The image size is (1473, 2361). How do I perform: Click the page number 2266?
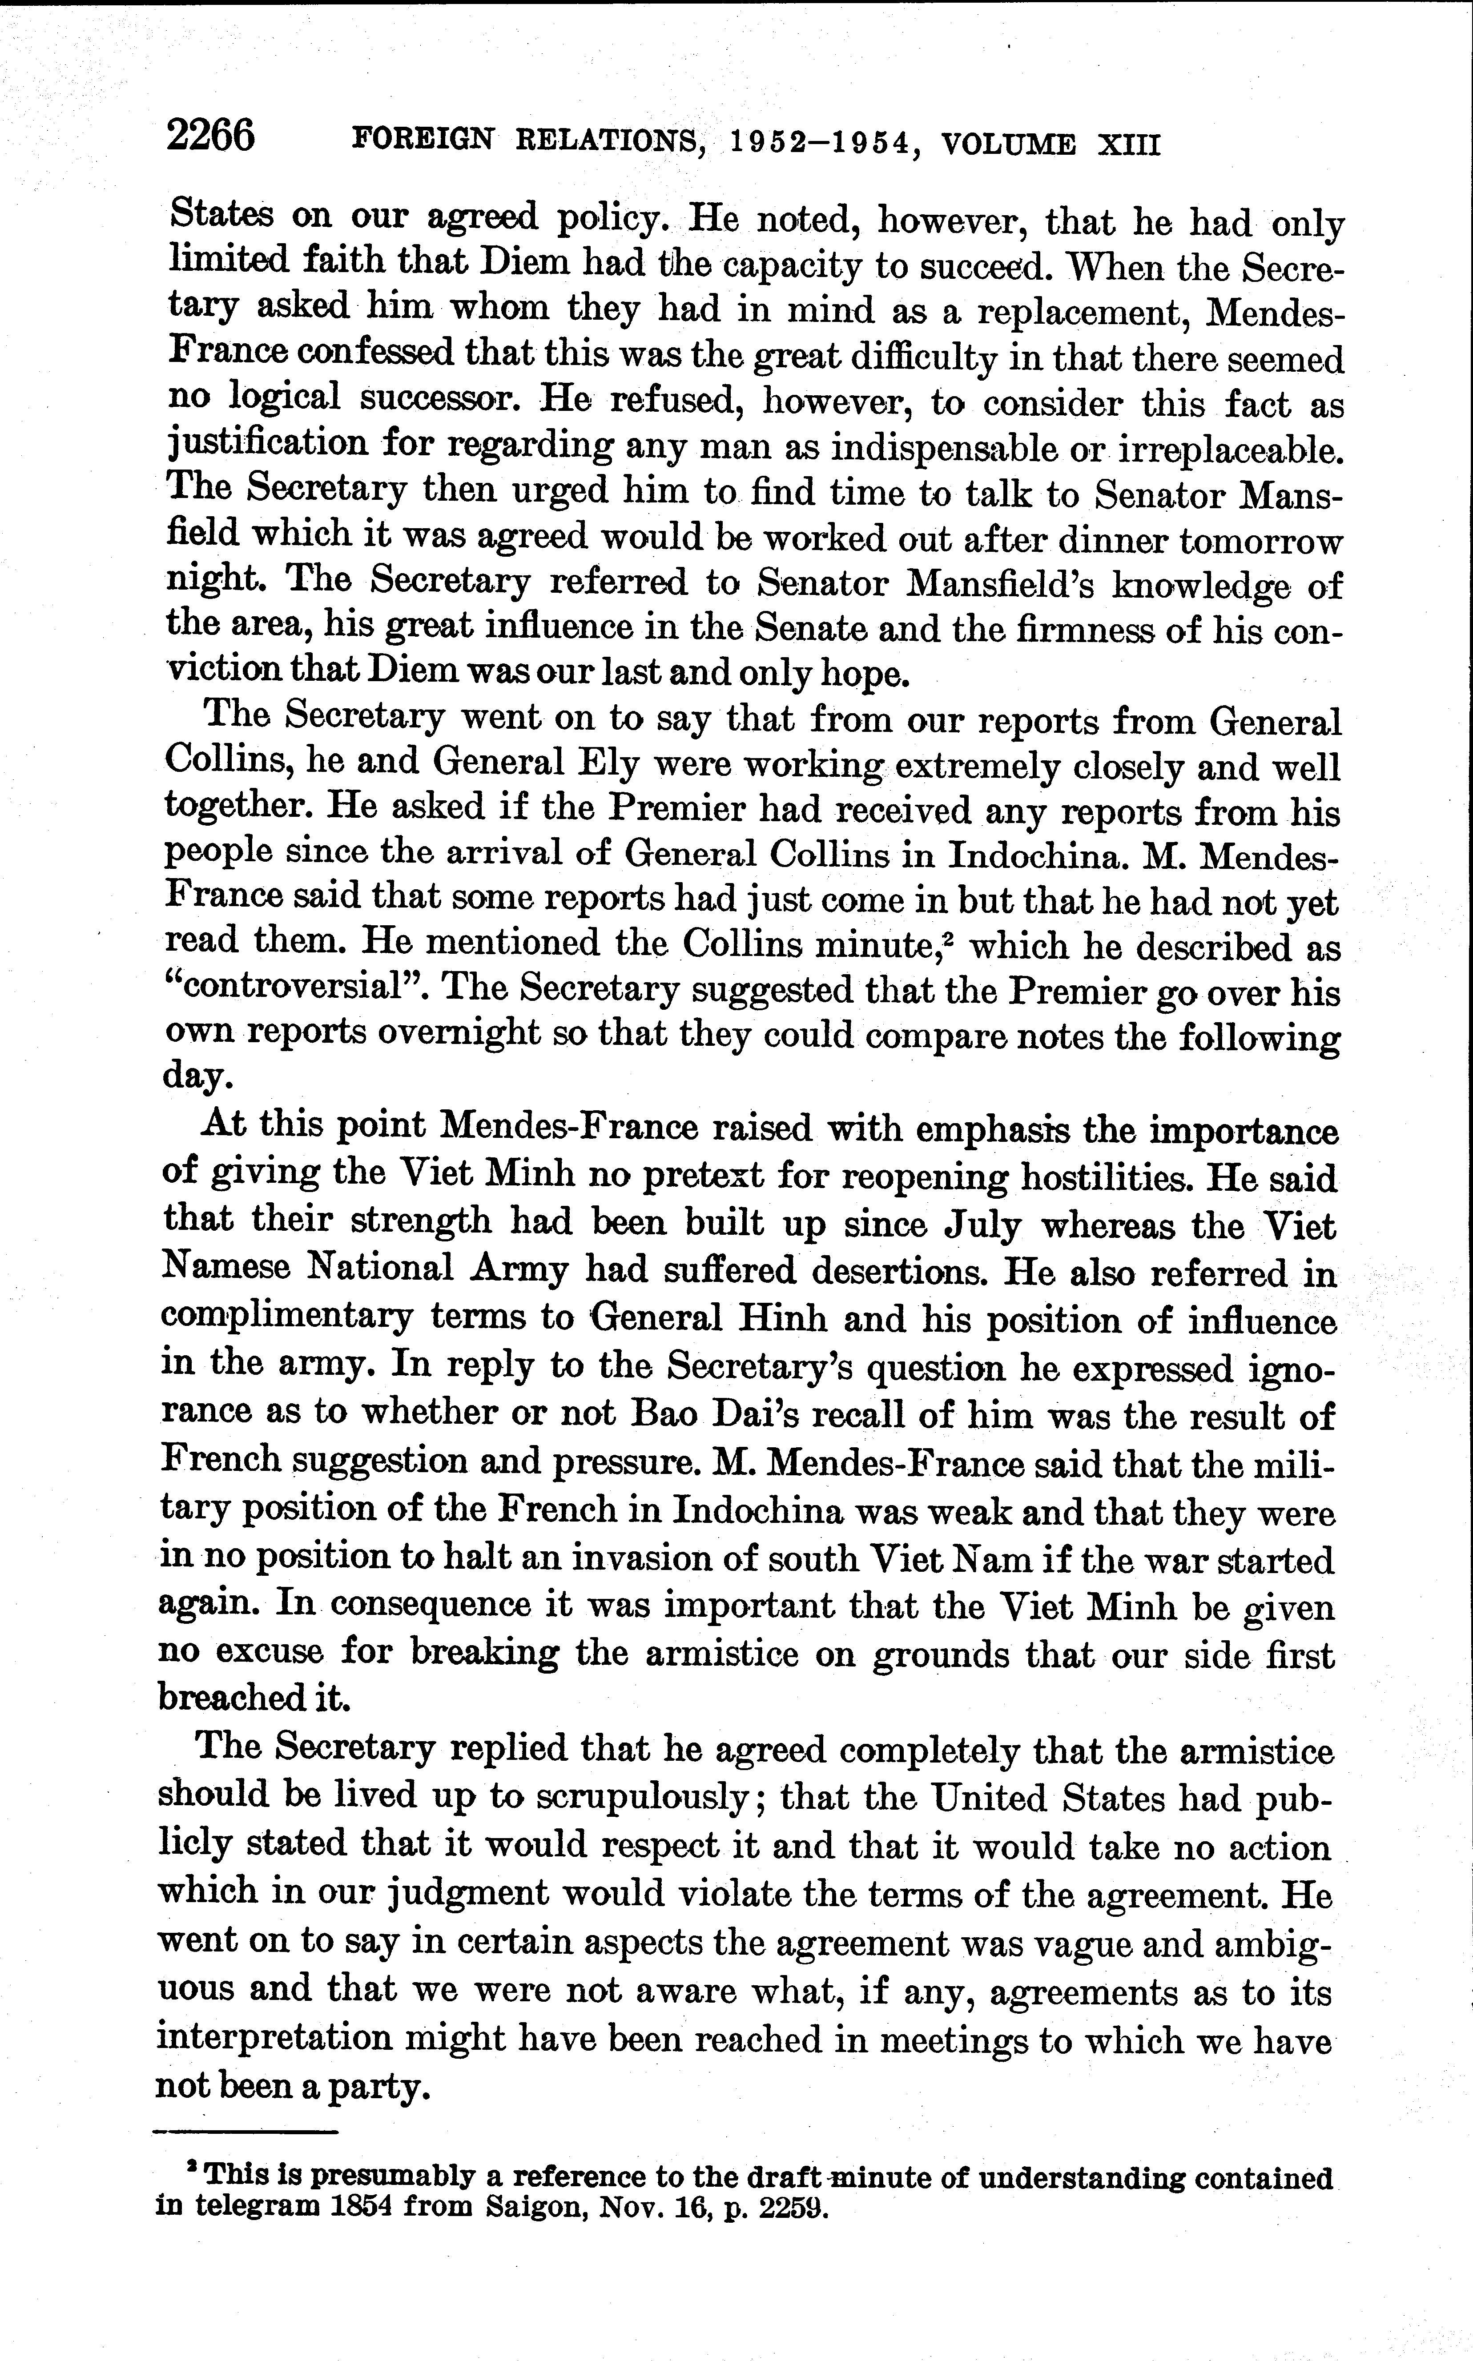coord(210,135)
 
